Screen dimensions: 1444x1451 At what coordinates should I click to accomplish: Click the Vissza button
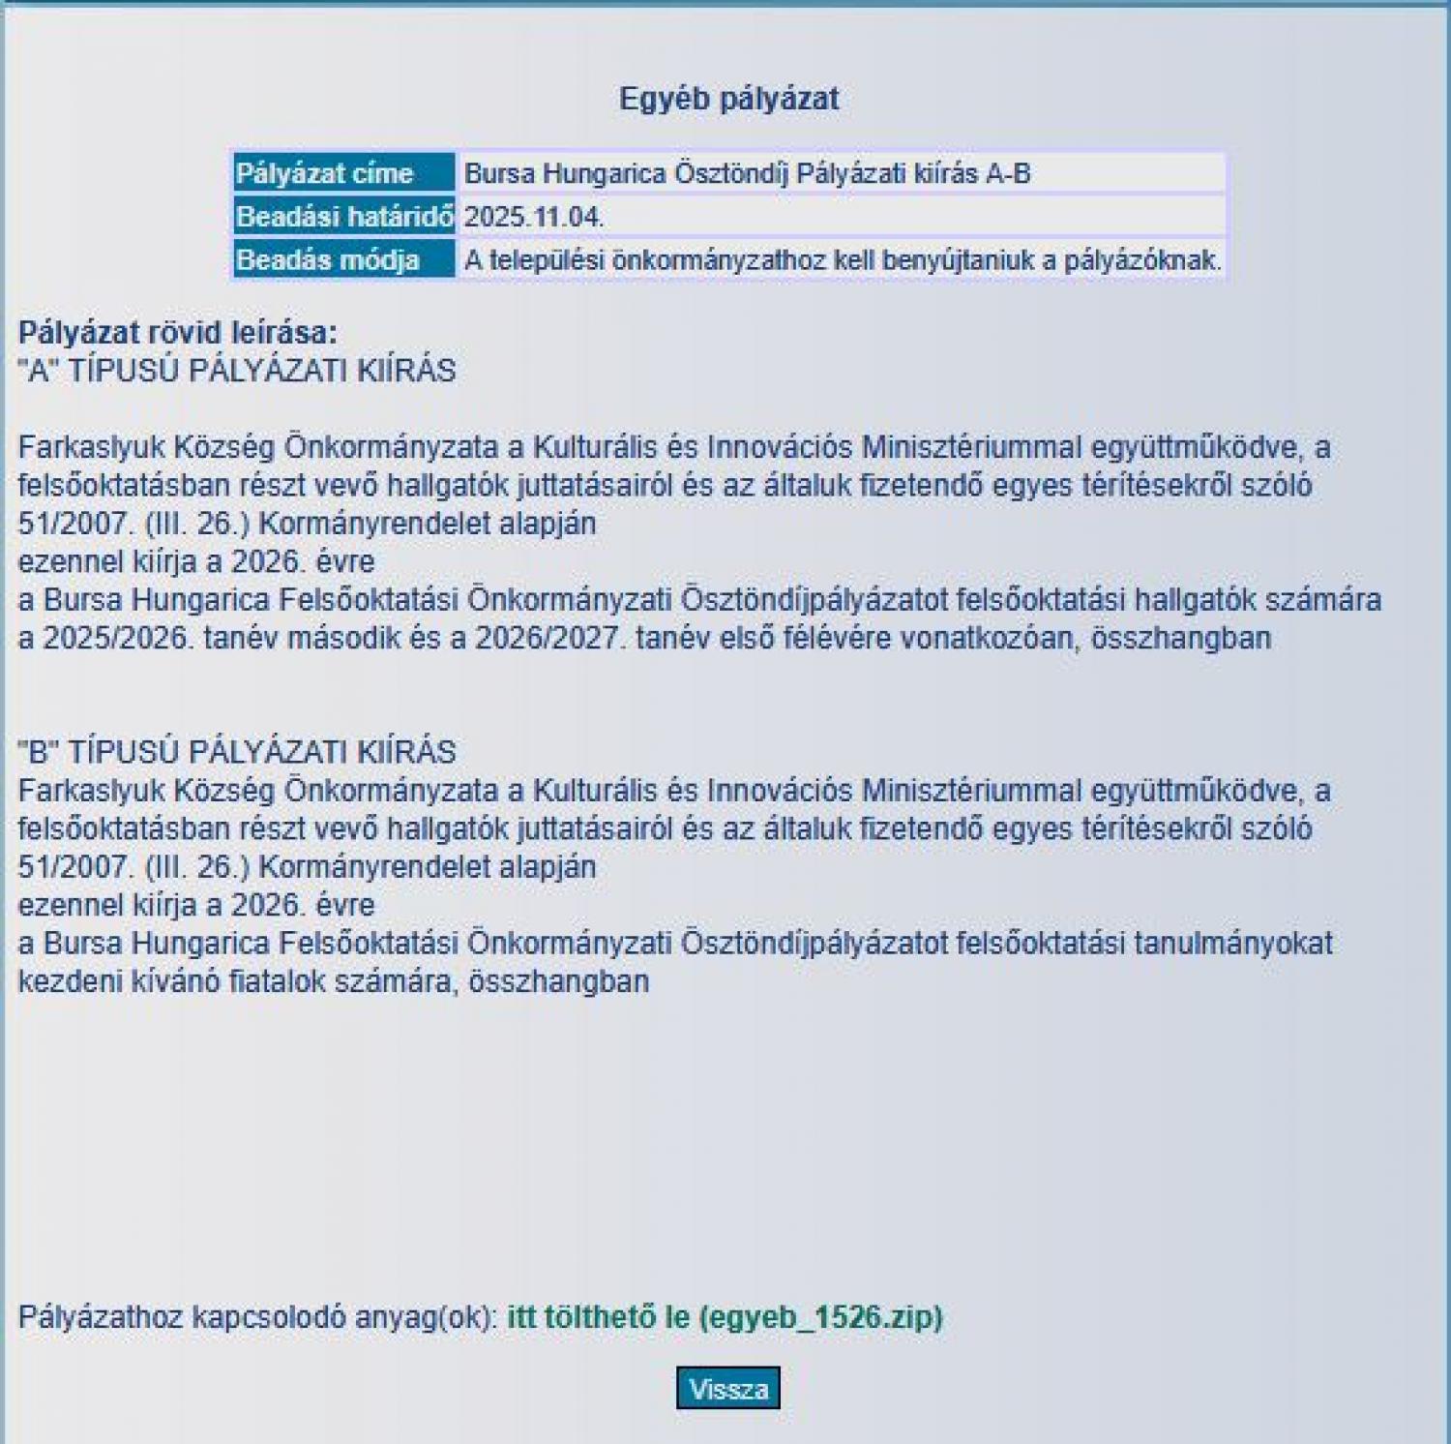tap(727, 1389)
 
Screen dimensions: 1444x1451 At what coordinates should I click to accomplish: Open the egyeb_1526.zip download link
tap(725, 1317)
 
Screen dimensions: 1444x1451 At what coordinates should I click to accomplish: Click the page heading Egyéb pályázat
tap(728, 99)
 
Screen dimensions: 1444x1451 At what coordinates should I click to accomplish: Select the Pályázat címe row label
tap(325, 173)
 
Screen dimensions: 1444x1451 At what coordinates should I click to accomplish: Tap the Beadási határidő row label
tap(344, 217)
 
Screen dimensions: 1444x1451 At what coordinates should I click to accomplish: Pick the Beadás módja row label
tap(328, 260)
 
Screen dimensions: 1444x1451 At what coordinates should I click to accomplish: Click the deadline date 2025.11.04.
tap(534, 217)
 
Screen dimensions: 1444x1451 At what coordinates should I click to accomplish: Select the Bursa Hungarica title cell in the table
tap(747, 173)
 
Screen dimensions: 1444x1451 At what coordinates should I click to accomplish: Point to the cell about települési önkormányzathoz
tap(843, 260)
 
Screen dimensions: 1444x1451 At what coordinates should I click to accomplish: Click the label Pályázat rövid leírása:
tap(178, 333)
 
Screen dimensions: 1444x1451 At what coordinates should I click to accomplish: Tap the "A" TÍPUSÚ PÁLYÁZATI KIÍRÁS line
tap(237, 371)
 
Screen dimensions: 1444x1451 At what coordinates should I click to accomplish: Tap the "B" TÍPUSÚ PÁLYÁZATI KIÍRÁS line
tap(237, 752)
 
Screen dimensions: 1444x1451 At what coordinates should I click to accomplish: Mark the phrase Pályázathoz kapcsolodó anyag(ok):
tap(258, 1317)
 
